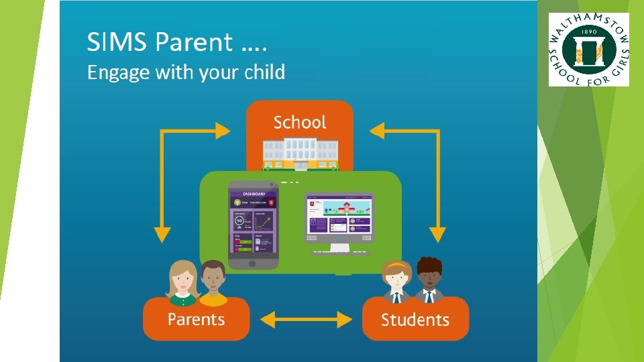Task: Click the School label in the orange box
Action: [x=300, y=122]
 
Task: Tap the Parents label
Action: [x=196, y=319]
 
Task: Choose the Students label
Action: [x=415, y=320]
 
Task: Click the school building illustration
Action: [x=300, y=153]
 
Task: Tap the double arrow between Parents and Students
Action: [x=305, y=319]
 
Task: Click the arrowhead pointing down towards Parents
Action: [x=162, y=234]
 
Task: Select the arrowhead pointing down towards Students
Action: [x=437, y=234]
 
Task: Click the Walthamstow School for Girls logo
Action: [x=589, y=50]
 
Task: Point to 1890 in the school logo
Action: [x=588, y=32]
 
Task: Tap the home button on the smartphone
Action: [x=252, y=263]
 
